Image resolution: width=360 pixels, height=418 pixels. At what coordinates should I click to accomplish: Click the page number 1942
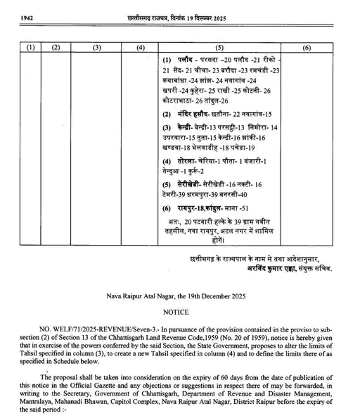click(x=14, y=8)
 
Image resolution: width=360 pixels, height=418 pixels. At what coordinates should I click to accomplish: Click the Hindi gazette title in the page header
click(x=180, y=8)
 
